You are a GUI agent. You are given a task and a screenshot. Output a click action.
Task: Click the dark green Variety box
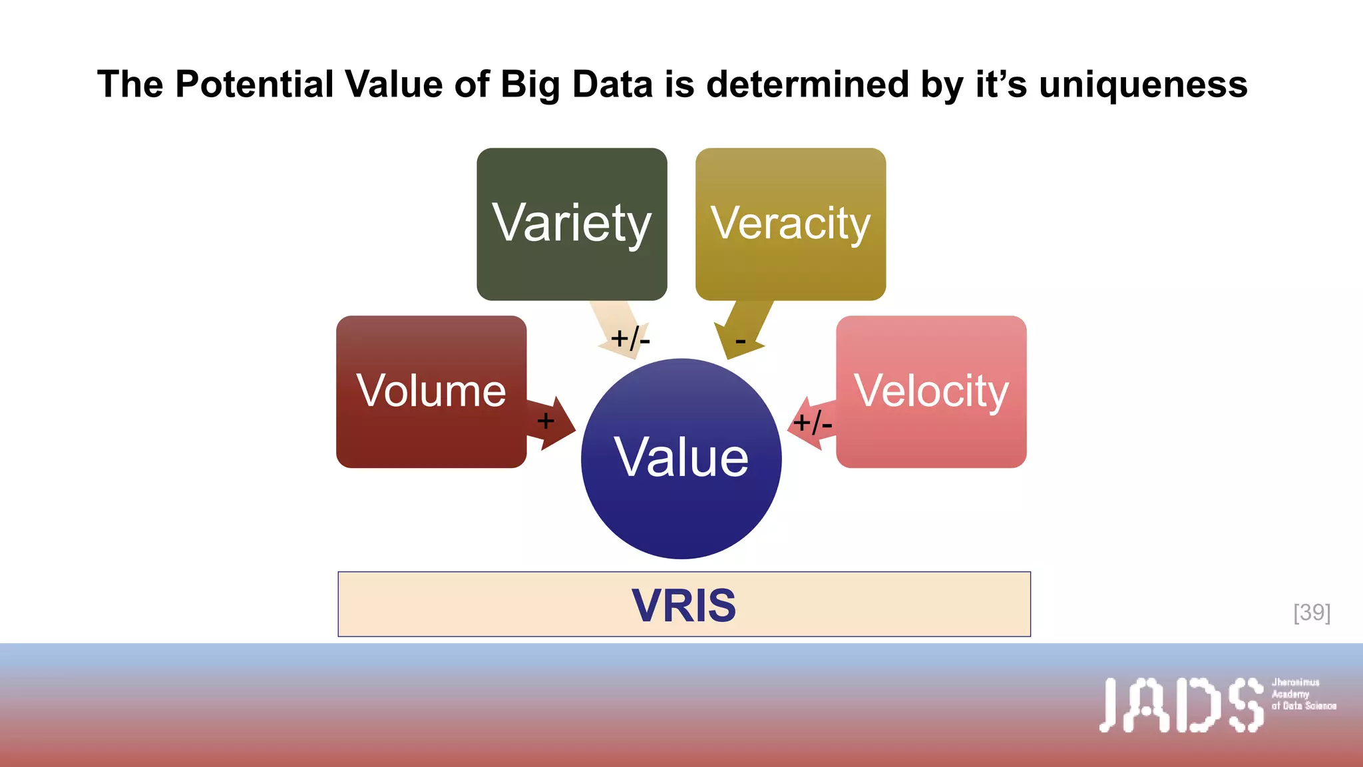pos(572,224)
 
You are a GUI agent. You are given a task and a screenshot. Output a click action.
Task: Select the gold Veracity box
pos(790,224)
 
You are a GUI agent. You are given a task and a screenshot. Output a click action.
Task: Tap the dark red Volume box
pos(431,391)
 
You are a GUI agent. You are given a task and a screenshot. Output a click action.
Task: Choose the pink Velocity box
pos(931,391)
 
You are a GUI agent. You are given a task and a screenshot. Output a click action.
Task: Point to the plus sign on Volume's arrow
pos(545,421)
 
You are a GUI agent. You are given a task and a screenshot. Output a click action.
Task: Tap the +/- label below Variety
pos(630,339)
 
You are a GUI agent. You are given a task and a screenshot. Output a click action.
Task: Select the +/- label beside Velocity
pos(812,423)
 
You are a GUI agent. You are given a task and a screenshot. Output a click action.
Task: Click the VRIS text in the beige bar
pos(683,605)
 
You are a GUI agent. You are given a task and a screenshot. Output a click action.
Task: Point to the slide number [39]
pos(1312,613)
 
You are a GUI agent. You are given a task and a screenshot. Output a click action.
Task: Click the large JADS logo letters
pos(1181,705)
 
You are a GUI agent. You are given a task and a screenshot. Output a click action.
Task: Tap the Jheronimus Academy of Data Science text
pos(1303,694)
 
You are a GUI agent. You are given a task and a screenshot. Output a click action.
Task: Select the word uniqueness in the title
pos(1143,85)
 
